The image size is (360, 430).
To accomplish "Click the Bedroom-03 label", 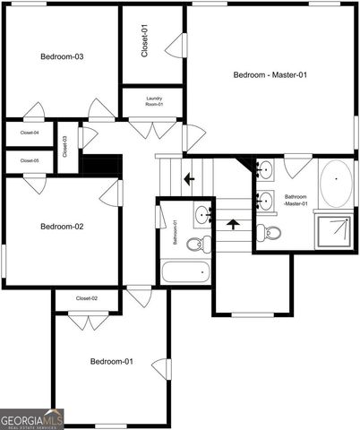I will [62, 57].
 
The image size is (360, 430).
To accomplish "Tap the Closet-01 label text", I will [146, 41].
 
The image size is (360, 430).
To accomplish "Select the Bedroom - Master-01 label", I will [270, 74].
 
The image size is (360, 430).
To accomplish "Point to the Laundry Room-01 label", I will [154, 101].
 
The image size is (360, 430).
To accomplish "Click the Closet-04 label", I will [30, 133].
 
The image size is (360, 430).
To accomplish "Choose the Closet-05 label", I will [30, 160].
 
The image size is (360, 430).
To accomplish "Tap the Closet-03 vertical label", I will [65, 145].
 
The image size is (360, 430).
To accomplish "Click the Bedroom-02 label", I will [62, 227].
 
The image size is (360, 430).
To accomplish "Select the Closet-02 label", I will [87, 297].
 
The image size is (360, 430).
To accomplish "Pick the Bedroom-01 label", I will [112, 361].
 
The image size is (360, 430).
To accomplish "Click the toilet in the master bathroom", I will [271, 233].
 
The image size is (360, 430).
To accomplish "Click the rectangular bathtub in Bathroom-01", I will [186, 271].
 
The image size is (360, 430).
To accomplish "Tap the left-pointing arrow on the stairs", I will [189, 179].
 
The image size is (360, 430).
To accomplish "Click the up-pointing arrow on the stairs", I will [234, 225].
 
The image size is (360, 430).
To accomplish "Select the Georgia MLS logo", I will [32, 418].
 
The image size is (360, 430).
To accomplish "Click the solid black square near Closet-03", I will [101, 167].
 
